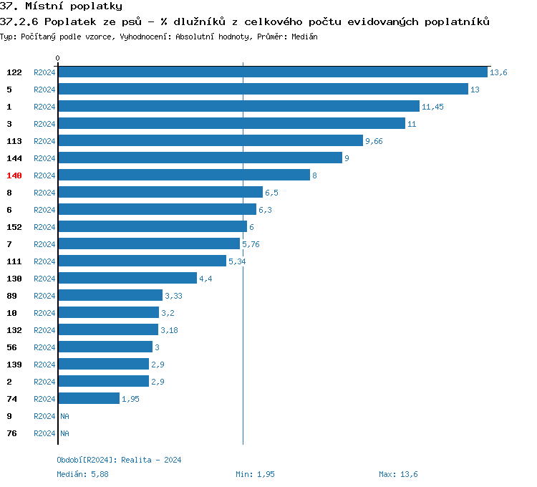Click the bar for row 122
pyautogui.click(x=272, y=72)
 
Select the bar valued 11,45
pyautogui.click(x=238, y=107)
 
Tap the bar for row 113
pyautogui.click(x=210, y=141)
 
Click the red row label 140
pyautogui.click(x=14, y=175)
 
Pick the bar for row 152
pyautogui.click(x=152, y=227)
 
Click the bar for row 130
pyautogui.click(x=127, y=279)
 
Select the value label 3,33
pyautogui.click(x=173, y=296)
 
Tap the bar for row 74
pyautogui.click(x=88, y=399)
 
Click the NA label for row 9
pyautogui.click(x=64, y=416)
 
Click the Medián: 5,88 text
pyautogui.click(x=82, y=474)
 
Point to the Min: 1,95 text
pyautogui.click(x=255, y=474)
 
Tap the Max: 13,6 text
pyautogui.click(x=398, y=474)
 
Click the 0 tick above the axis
pyautogui.click(x=58, y=58)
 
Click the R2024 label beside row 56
pyautogui.click(x=44, y=347)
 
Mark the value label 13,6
pyautogui.click(x=498, y=72)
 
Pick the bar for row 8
pyautogui.click(x=160, y=193)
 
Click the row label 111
pyautogui.click(x=14, y=261)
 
